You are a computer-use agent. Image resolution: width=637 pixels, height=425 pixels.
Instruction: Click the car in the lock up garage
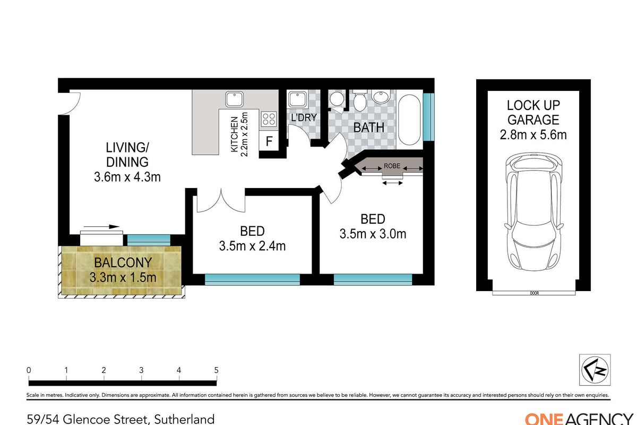pos(534,212)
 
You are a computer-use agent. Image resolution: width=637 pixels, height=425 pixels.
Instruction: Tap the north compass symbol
pos(595,370)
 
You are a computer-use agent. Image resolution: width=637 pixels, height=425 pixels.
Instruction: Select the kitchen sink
pos(234,99)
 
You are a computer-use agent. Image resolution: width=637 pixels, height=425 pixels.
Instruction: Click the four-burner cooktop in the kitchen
pos(269,118)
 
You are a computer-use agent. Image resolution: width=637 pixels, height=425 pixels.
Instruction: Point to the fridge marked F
pos(269,141)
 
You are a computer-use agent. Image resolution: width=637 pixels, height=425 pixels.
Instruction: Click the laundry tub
pos(297,99)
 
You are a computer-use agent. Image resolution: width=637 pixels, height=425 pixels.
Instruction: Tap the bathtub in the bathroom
pos(409,120)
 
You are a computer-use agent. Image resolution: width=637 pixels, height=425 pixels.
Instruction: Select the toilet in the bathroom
pos(360,101)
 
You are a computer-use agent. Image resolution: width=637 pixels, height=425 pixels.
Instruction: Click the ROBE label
pos(392,166)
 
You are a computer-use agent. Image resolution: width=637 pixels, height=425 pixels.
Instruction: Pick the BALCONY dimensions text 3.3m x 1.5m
pos(123,277)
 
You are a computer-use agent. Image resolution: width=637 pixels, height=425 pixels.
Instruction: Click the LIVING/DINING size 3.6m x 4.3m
pos(127,177)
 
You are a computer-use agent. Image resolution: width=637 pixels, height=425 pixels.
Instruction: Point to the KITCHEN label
pos(234,134)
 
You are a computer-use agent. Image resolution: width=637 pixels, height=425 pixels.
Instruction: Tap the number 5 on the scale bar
pos(217,370)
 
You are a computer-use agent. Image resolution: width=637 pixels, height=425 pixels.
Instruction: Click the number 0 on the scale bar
pos(29,370)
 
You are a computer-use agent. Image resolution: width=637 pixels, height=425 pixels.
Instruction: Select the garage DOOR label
pos(535,293)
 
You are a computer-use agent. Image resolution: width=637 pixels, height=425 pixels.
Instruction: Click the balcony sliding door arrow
pos(101,227)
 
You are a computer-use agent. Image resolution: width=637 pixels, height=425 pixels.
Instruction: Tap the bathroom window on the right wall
pos(428,117)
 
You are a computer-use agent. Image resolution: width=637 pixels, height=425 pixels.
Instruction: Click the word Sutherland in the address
pos(184,419)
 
